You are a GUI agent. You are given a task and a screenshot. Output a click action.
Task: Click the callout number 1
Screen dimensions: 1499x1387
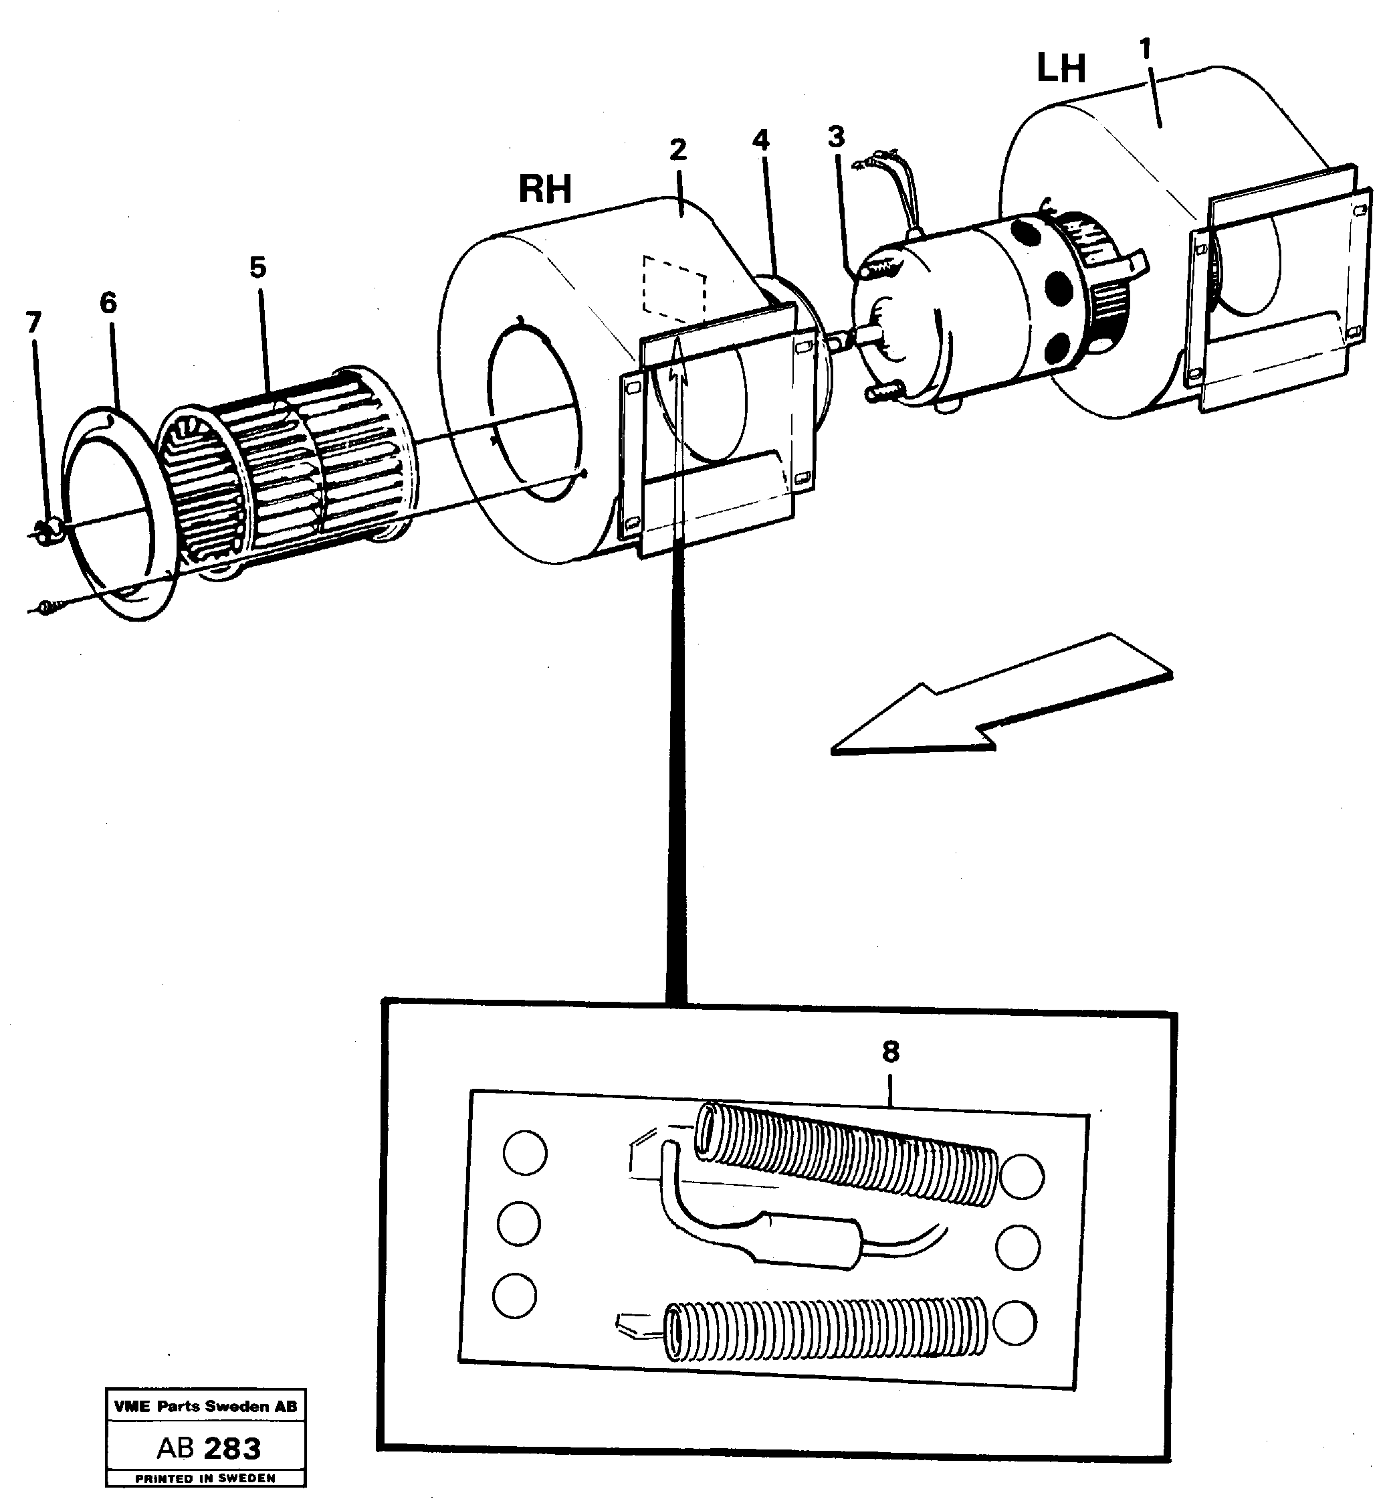[x=1144, y=50]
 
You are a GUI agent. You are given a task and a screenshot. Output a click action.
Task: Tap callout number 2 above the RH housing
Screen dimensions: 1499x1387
[x=677, y=150]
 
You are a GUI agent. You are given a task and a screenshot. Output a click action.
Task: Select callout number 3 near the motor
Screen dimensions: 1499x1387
[x=836, y=137]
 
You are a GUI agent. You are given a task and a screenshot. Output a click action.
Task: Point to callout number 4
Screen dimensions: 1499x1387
[x=761, y=141]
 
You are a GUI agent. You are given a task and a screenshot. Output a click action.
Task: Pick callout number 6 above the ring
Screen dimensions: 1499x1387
[x=108, y=303]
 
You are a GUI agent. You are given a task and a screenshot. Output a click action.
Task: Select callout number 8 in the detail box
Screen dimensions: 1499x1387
[x=890, y=1052]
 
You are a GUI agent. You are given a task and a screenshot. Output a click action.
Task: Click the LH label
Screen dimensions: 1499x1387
[x=1061, y=69]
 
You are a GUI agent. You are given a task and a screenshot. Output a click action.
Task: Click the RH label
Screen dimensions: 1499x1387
[x=545, y=189]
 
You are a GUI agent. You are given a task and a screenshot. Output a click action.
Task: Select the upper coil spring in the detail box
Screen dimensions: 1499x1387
[x=848, y=1155]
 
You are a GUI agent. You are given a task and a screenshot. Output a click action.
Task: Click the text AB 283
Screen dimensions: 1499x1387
[x=209, y=1448]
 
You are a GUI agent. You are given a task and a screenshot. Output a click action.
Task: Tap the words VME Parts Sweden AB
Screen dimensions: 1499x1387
[x=206, y=1407]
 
